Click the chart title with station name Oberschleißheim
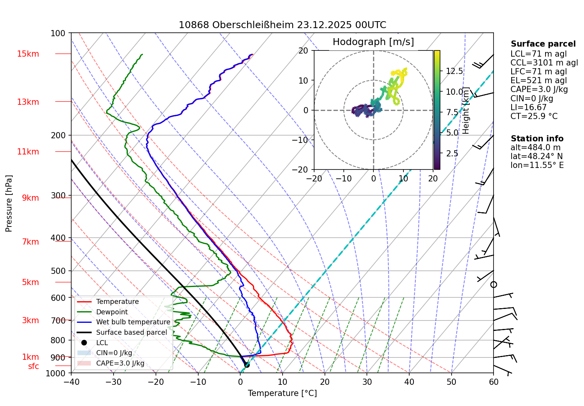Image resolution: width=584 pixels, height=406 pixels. pos(282,25)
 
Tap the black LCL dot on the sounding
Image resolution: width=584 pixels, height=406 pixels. pos(247,365)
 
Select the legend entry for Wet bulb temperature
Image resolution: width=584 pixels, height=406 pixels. pos(133,322)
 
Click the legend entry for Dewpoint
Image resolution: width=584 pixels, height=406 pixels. pos(112,312)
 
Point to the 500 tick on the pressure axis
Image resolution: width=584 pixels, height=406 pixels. pos(58,271)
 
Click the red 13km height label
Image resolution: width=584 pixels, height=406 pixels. pos(28,102)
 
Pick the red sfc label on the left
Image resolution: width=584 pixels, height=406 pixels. pos(33,366)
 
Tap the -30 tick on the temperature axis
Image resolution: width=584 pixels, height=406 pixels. pos(113,382)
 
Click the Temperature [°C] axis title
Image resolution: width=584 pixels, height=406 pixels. pos(282,393)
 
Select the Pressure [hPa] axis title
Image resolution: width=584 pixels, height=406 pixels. pos(9,203)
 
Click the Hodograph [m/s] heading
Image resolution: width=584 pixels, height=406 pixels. pos(373,42)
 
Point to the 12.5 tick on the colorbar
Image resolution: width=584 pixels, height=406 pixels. pos(454,71)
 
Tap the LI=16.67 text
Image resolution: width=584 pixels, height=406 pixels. pos(528,107)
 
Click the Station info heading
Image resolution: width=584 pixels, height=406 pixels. pos(537,139)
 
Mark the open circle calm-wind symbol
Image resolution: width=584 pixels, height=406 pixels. pos(494,285)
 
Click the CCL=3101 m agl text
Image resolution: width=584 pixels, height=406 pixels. pos(544,63)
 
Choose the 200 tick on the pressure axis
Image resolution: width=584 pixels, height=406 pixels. pos(58,135)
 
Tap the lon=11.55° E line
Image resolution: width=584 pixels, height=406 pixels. pos(537,165)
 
